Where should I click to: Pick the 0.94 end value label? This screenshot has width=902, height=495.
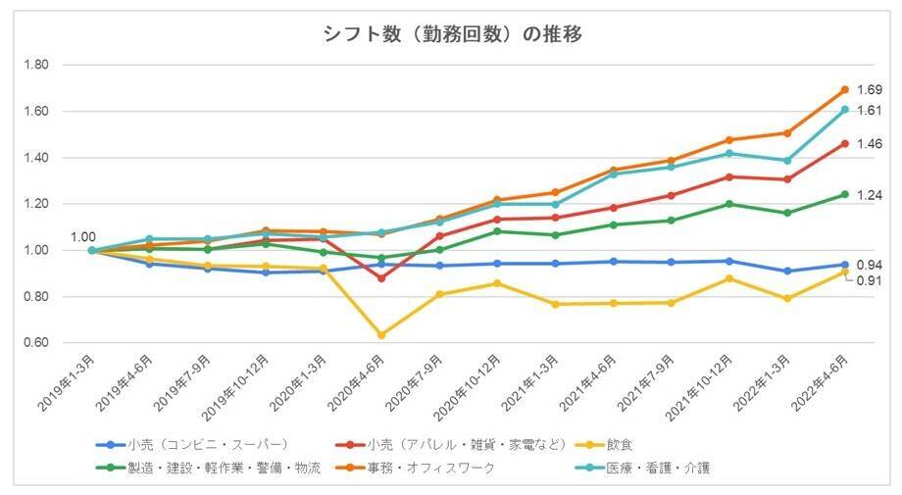pyautogui.click(x=869, y=265)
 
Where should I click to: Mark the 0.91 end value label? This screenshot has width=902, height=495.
pyautogui.click(x=869, y=281)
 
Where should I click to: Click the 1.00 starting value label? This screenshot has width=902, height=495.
pyautogui.click(x=83, y=237)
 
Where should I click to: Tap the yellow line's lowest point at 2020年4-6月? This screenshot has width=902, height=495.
pyautogui.click(x=381, y=335)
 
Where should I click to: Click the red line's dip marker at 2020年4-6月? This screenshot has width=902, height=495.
pyautogui.click(x=381, y=277)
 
